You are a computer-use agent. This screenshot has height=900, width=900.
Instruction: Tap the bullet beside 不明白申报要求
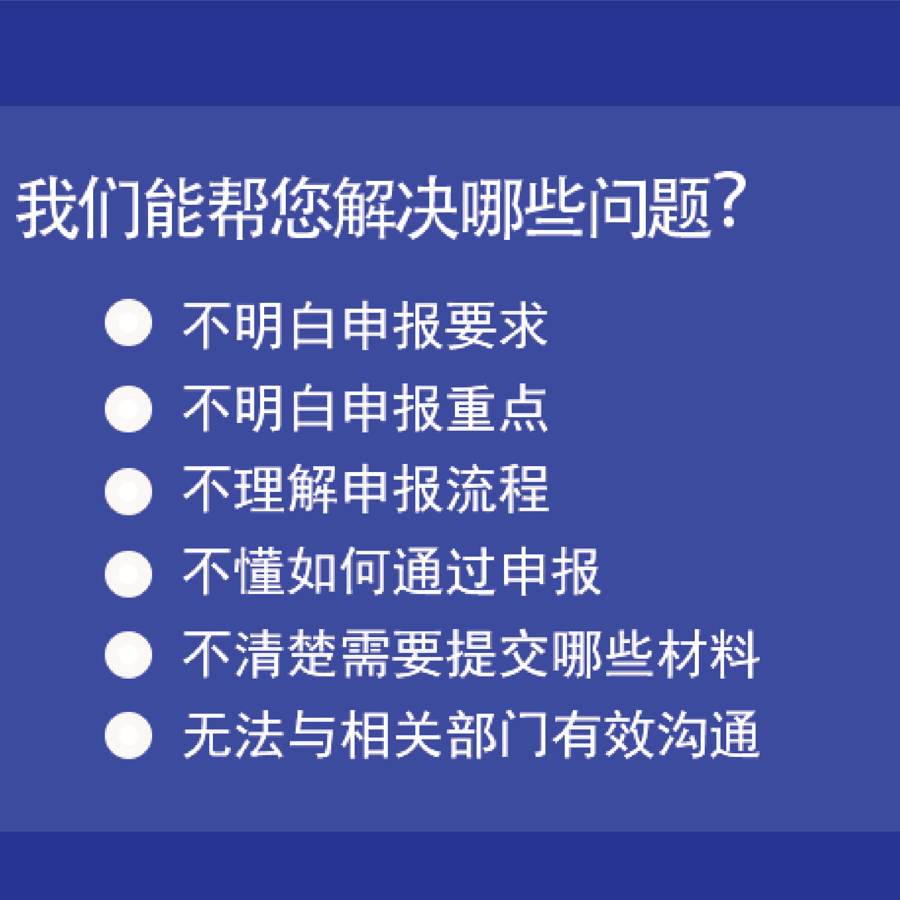point(129,322)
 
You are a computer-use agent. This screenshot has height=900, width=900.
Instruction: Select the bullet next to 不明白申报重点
point(129,409)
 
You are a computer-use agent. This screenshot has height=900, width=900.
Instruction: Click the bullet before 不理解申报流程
point(129,491)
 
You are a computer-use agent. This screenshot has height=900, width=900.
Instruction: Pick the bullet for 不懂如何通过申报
point(129,574)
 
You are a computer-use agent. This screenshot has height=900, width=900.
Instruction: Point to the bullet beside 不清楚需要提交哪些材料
point(129,655)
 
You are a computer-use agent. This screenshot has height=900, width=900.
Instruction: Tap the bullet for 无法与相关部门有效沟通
point(129,736)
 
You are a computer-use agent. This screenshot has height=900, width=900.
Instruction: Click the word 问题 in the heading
point(649,208)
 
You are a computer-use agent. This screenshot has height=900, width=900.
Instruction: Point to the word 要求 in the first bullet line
point(495,325)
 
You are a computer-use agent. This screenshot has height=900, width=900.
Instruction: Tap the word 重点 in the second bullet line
point(495,409)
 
